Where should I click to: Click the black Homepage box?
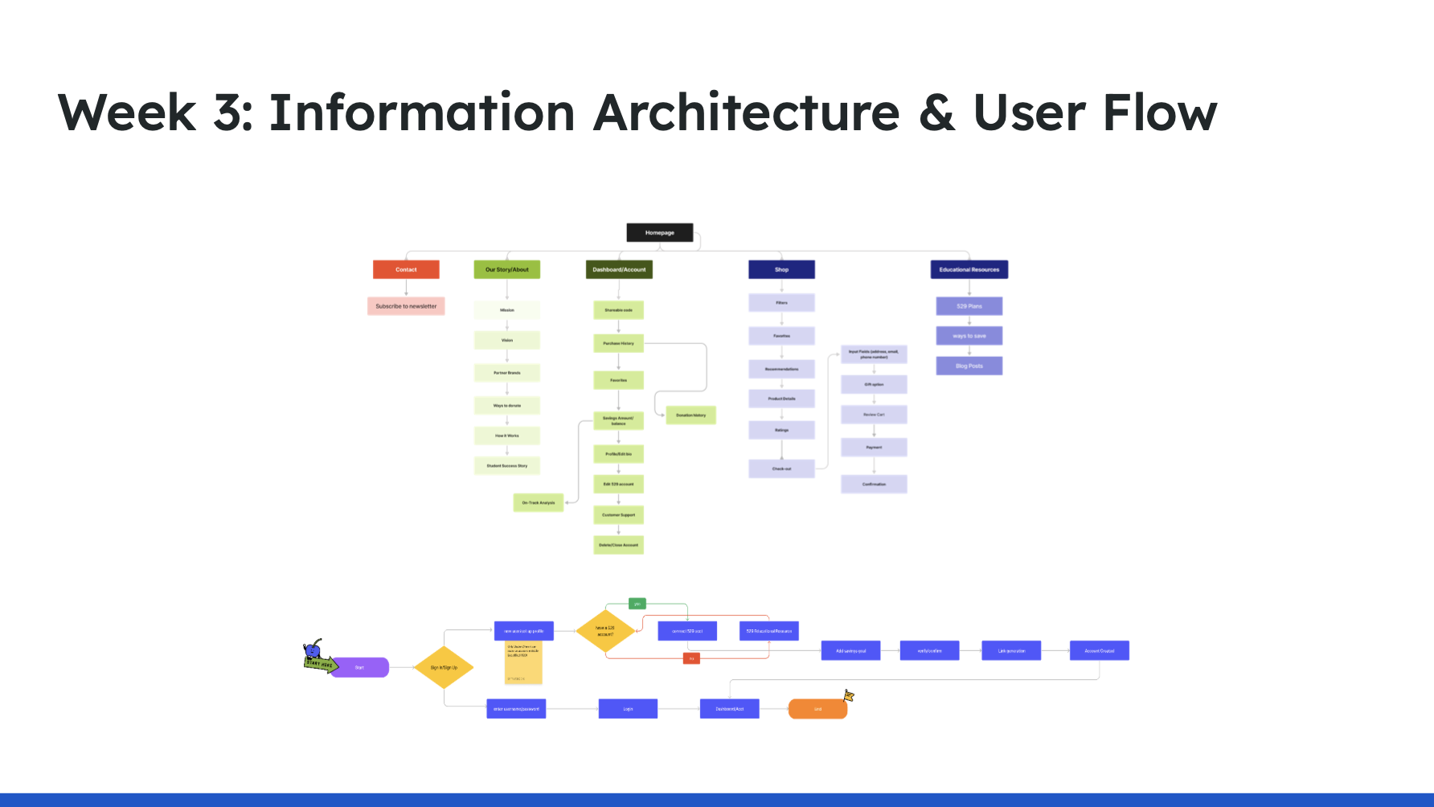pyautogui.click(x=659, y=232)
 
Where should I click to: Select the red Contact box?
pyautogui.click(x=406, y=269)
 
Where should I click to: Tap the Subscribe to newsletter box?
pyautogui.click(x=406, y=306)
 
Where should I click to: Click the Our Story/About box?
pyautogui.click(x=506, y=269)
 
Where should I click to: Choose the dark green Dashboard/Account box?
pyautogui.click(x=619, y=269)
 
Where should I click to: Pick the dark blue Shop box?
pyautogui.click(x=781, y=269)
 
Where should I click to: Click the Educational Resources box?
pyautogui.click(x=969, y=269)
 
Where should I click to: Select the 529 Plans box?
pyautogui.click(x=969, y=306)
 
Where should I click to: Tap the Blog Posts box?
pyautogui.click(x=969, y=366)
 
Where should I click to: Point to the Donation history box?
pyautogui.click(x=690, y=416)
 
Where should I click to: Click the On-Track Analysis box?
pyautogui.click(x=539, y=502)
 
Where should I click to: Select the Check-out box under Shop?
pyautogui.click(x=781, y=469)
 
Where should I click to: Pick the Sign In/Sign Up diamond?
pyautogui.click(x=444, y=667)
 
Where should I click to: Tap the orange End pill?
pyautogui.click(x=817, y=709)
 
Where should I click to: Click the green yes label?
pyautogui.click(x=637, y=604)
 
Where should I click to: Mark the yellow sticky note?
pyautogui.click(x=523, y=663)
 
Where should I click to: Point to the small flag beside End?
pyautogui.click(x=848, y=695)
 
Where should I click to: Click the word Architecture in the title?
pyautogui.click(x=746, y=113)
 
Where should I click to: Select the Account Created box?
pyautogui.click(x=1099, y=650)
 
